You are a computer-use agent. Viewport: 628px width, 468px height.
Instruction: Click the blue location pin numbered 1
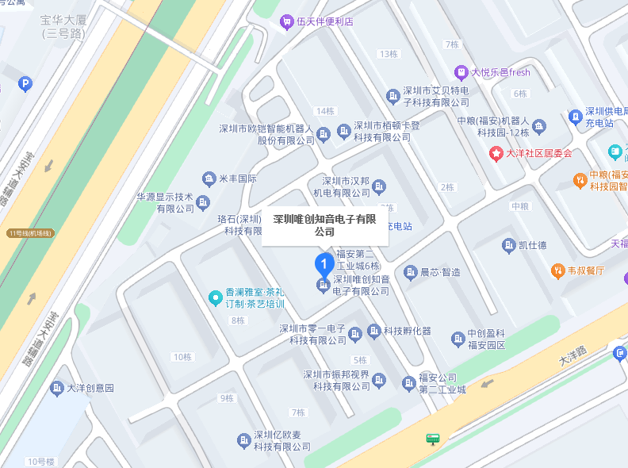pos(324,263)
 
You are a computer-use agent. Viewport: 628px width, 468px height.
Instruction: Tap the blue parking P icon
pos(25,84)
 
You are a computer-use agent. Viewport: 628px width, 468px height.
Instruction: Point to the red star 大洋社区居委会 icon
pos(496,153)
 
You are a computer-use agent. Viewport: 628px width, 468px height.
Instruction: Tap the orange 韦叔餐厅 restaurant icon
pos(557,270)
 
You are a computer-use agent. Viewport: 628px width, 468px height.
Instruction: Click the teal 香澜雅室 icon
pos(214,298)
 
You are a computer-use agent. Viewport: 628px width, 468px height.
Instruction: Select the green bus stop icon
pos(433,439)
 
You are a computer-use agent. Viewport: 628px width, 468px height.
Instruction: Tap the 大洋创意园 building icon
pos(57,388)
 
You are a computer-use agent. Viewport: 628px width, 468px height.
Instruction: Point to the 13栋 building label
pos(389,54)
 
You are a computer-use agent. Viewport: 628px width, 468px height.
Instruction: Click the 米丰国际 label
pos(238,178)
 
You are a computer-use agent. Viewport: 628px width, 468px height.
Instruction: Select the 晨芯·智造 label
pos(440,271)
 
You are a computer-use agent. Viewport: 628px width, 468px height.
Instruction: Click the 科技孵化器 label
pos(408,331)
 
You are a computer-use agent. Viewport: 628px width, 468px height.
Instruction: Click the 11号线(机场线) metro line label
pos(30,233)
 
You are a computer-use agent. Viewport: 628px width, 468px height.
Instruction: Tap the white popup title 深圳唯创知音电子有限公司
pos(324,225)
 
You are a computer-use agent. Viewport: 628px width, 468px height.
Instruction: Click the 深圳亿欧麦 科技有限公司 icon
pos(244,440)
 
